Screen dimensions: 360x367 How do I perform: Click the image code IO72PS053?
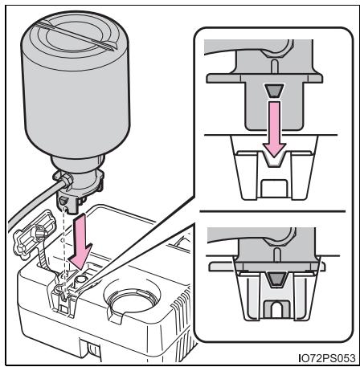pos(326,357)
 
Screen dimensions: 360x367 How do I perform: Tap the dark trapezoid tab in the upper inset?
pos(274,91)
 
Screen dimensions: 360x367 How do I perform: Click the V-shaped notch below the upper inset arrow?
pos(274,160)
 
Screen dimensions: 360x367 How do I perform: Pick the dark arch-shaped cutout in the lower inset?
pos(276,309)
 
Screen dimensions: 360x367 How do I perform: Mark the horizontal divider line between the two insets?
pos(272,211)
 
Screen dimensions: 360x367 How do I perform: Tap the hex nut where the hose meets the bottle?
pos(67,181)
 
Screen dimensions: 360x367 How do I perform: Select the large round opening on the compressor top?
pos(132,299)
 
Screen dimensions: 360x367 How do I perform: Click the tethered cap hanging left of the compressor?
pos(34,234)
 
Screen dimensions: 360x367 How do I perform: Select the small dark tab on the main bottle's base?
pos(63,200)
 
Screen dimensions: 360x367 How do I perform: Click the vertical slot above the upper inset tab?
pos(273,66)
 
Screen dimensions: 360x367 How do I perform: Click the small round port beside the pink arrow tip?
pos(80,280)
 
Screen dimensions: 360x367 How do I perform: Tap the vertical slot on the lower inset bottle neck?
pos(277,254)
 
